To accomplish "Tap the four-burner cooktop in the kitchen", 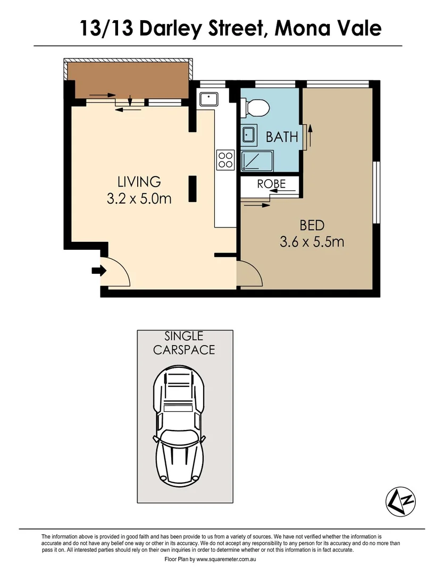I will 225,159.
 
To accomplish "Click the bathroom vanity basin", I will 248,134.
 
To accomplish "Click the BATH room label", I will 282,137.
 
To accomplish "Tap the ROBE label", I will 271,184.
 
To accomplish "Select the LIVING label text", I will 139,181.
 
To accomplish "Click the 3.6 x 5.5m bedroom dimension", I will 312,242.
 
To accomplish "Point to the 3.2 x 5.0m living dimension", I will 139,199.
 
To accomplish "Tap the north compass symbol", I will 399,501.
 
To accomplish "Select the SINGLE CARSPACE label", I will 184,343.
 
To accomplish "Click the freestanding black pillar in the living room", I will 193,190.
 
